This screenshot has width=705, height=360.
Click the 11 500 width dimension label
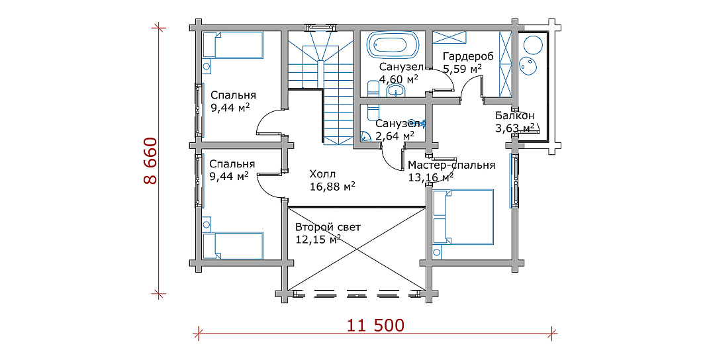pos(375,324)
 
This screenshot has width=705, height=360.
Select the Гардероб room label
pos(468,57)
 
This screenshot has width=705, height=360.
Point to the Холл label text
pos(323,174)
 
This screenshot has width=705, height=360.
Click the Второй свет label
pos(328,228)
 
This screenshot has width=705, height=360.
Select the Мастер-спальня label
pos(451,165)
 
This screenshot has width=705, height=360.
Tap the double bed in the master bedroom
pos(463,216)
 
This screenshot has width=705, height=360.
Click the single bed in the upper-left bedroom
pos(232,45)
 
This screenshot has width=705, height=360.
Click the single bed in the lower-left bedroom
pos(232,246)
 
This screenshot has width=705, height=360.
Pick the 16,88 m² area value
pos(332,186)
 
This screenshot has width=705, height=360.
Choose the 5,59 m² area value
pos(463,69)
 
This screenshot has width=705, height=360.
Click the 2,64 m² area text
pos(395,136)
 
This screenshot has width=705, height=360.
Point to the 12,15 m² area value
pos(318,240)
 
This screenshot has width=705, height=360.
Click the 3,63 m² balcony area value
pos(515,128)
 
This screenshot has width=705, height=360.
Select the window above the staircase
pos(320,28)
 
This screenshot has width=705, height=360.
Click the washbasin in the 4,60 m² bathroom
pos(396,91)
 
